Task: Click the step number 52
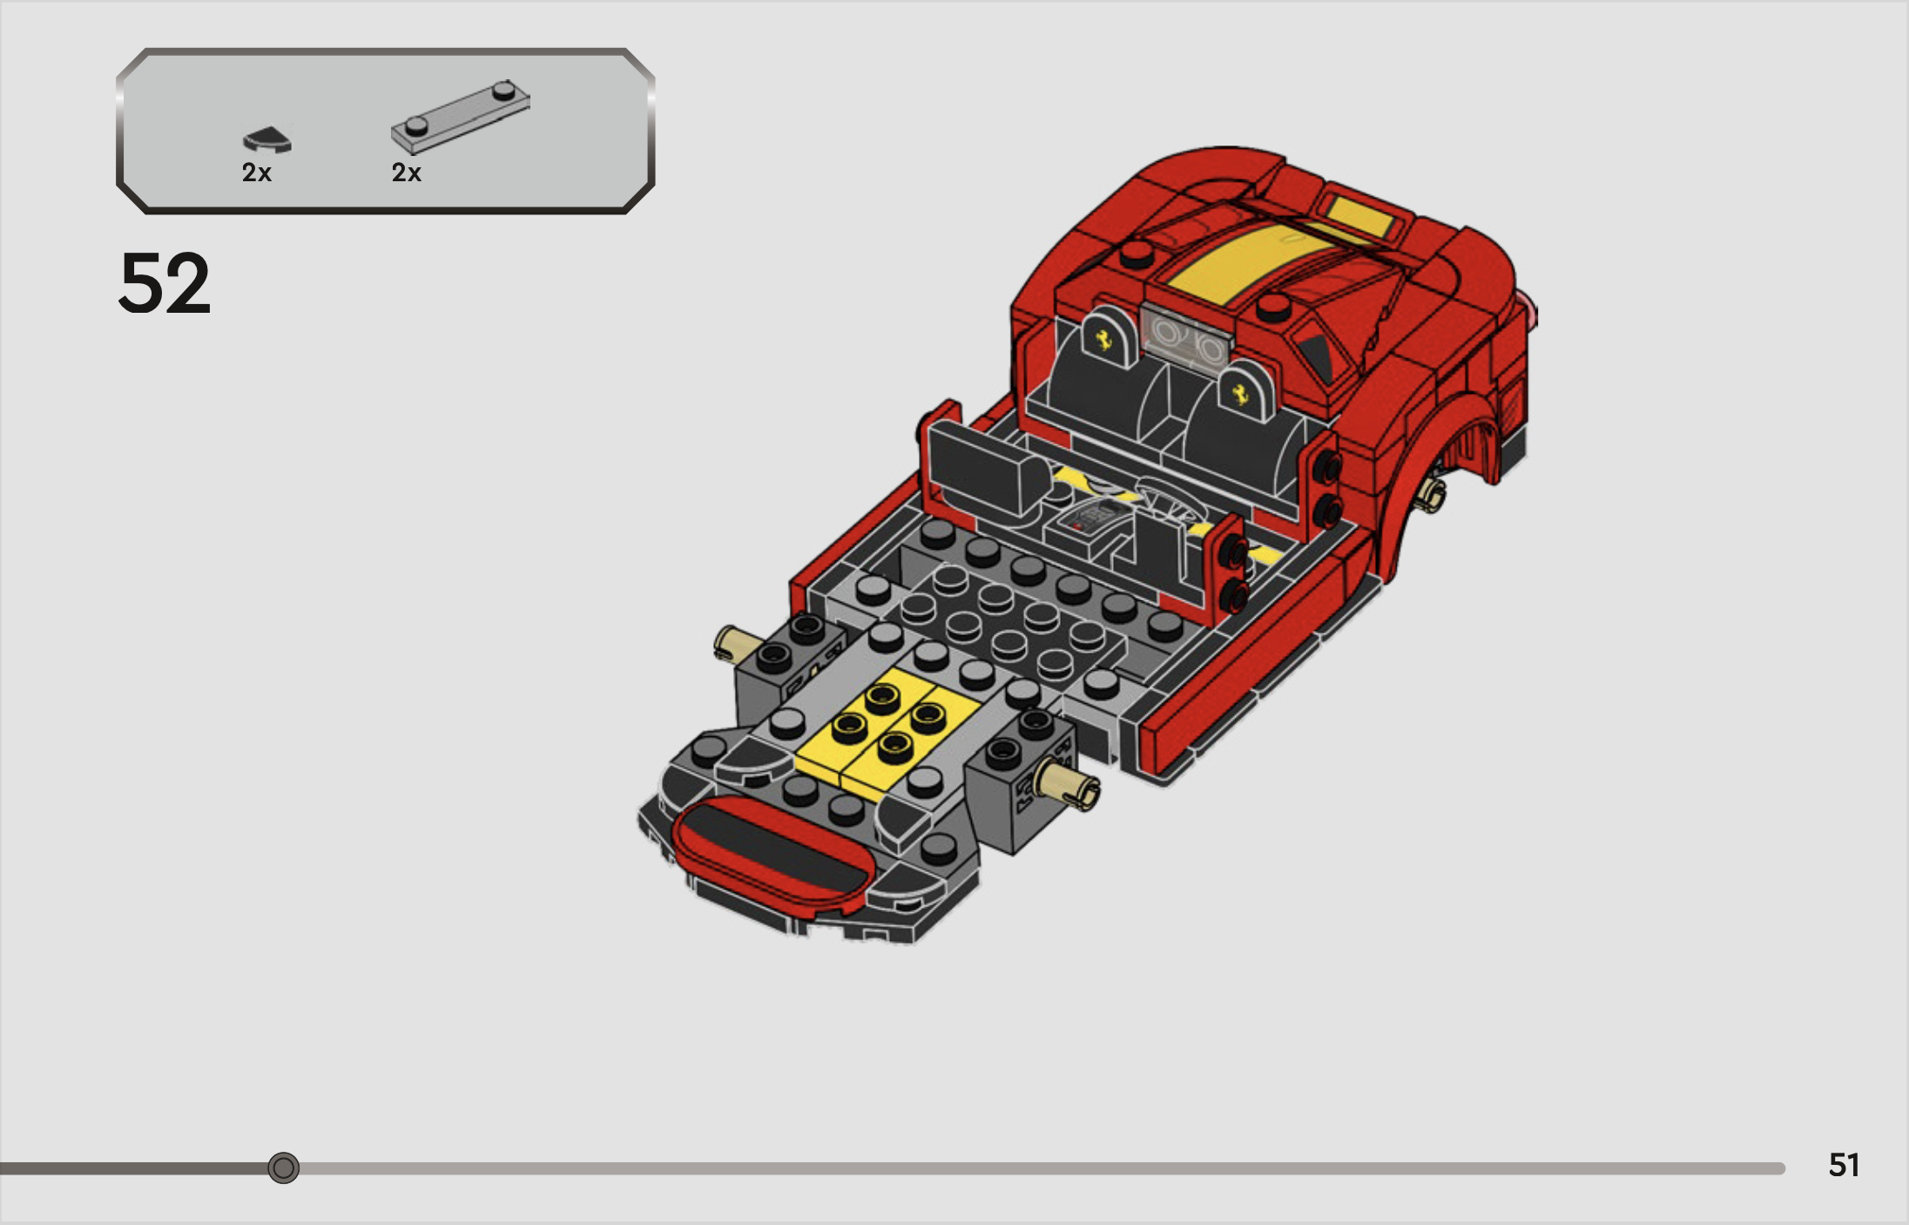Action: [x=165, y=283]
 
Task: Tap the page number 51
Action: [x=1844, y=1165]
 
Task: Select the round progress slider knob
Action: [x=283, y=1167]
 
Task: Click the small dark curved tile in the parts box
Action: [x=266, y=139]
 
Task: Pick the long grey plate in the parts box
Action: [x=460, y=117]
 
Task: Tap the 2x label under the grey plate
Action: [x=406, y=173]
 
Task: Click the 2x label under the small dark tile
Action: [x=257, y=173]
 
